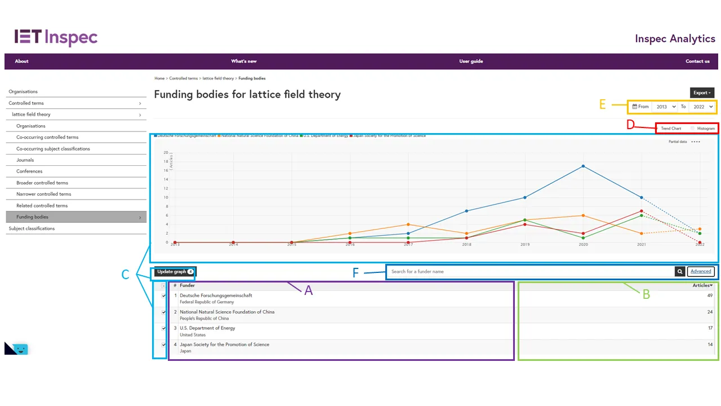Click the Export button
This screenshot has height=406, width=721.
[702, 93]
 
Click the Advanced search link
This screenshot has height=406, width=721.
[701, 272]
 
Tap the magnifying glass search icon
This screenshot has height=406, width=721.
[680, 272]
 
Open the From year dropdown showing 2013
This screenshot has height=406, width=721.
[665, 107]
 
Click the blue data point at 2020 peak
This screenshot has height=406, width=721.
[583, 166]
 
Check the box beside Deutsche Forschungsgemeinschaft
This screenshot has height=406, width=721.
[164, 295]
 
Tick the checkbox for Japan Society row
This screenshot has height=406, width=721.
[164, 345]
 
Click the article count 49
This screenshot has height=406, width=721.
[710, 295]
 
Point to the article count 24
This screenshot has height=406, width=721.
[710, 312]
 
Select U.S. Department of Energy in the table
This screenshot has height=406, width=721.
[207, 328]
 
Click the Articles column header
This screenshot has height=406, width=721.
[702, 285]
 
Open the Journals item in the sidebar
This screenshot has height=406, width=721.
[25, 160]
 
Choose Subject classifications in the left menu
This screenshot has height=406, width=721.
[32, 228]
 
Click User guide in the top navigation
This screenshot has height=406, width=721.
[471, 61]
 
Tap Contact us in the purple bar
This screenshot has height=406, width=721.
[697, 61]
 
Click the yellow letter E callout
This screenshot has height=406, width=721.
[603, 104]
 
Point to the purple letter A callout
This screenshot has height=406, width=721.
[308, 291]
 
